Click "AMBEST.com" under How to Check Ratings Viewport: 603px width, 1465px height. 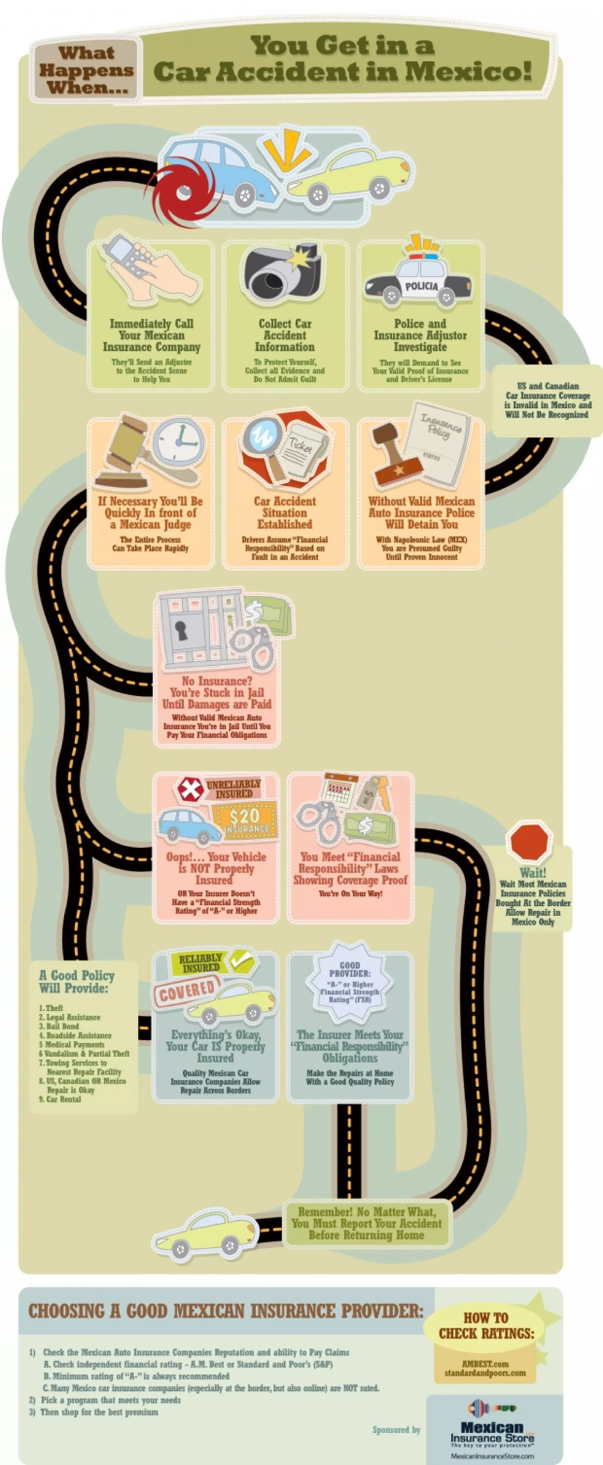pyautogui.click(x=485, y=1364)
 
